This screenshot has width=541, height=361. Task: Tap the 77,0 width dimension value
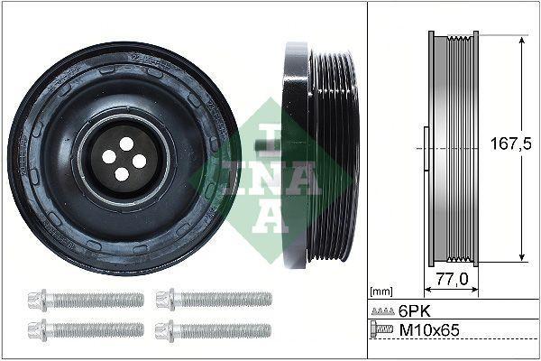coord(449,279)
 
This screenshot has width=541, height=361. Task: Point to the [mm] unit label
coord(382,292)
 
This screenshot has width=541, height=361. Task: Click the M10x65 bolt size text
coord(430,330)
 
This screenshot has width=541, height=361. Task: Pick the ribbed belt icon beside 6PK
coord(383,310)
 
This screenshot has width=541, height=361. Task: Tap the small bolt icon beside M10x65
coord(383,330)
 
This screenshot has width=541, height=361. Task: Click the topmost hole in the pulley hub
coord(125,143)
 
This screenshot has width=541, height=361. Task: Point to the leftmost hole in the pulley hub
coord(109,156)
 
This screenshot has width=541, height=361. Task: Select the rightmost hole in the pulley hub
coord(139,161)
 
